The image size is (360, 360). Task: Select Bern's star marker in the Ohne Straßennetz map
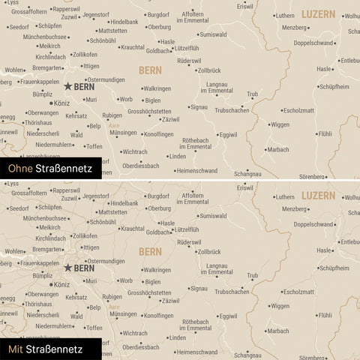pyautogui.click(x=68, y=87)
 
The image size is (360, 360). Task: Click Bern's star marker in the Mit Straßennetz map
pyautogui.click(x=68, y=267)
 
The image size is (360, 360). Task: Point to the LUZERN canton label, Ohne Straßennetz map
pyautogui.click(x=319, y=14)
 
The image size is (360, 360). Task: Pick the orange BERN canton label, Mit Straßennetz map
pyautogui.click(x=150, y=251)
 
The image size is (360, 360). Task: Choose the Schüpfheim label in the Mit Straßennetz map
pyautogui.click(x=334, y=267)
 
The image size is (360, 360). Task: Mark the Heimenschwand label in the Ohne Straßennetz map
pyautogui.click(x=196, y=170)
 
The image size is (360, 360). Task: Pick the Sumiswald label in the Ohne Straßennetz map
pyautogui.click(x=213, y=34)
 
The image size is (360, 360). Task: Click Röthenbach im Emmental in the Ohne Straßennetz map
pyautogui.click(x=196, y=143)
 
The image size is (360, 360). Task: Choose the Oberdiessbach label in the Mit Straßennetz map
pyautogui.click(x=140, y=346)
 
